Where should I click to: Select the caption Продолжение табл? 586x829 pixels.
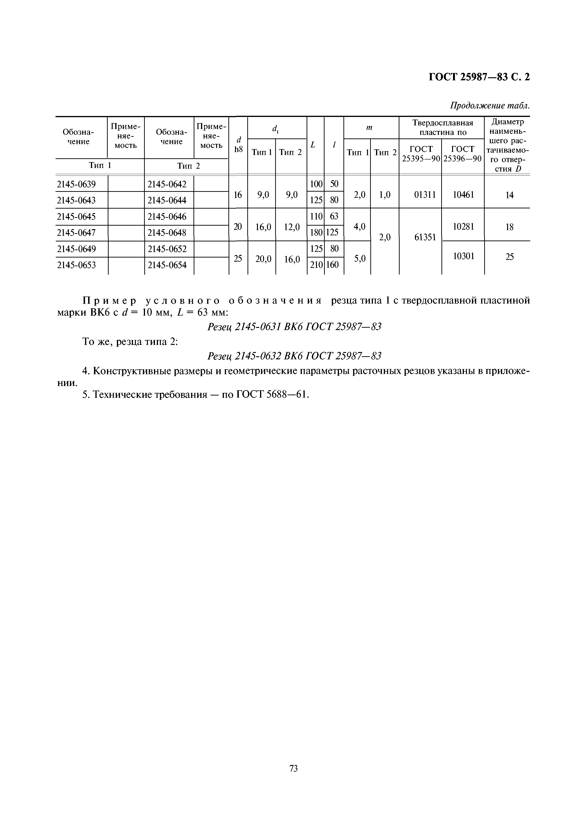[490, 106]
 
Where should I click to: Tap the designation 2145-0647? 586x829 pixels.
[77, 233]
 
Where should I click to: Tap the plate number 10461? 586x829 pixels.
[463, 195]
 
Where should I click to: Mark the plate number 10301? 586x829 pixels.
[463, 256]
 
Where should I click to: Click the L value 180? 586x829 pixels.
[316, 232]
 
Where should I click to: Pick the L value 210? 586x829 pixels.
[316, 265]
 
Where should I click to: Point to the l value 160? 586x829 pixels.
[333, 265]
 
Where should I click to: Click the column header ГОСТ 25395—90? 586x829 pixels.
[421, 154]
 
